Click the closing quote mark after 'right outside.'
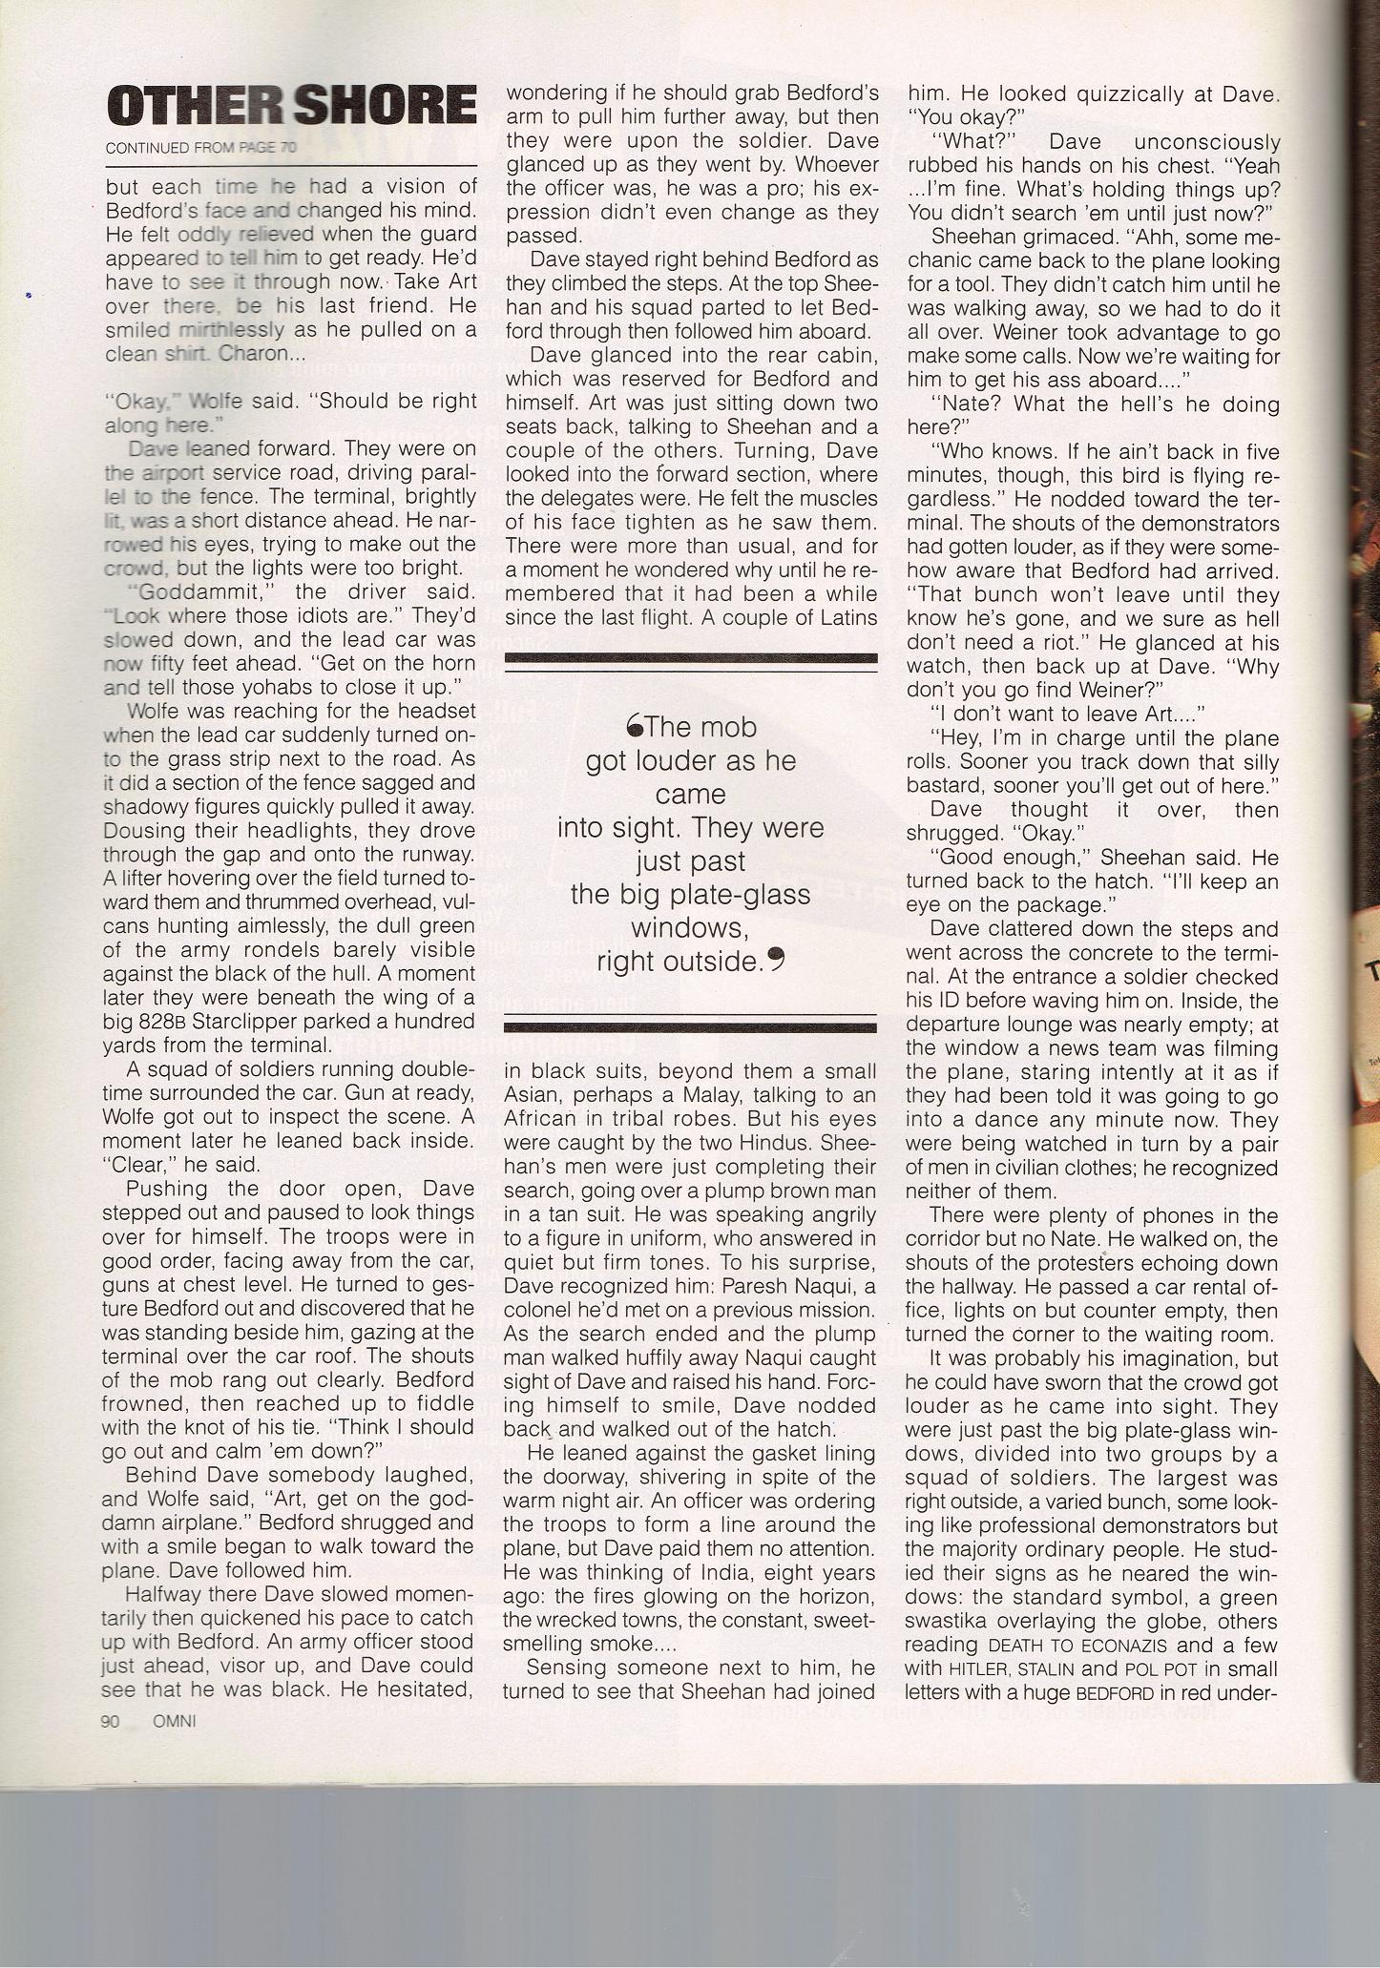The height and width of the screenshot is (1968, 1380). tap(776, 962)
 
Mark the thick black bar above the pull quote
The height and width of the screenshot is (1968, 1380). tap(690, 657)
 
